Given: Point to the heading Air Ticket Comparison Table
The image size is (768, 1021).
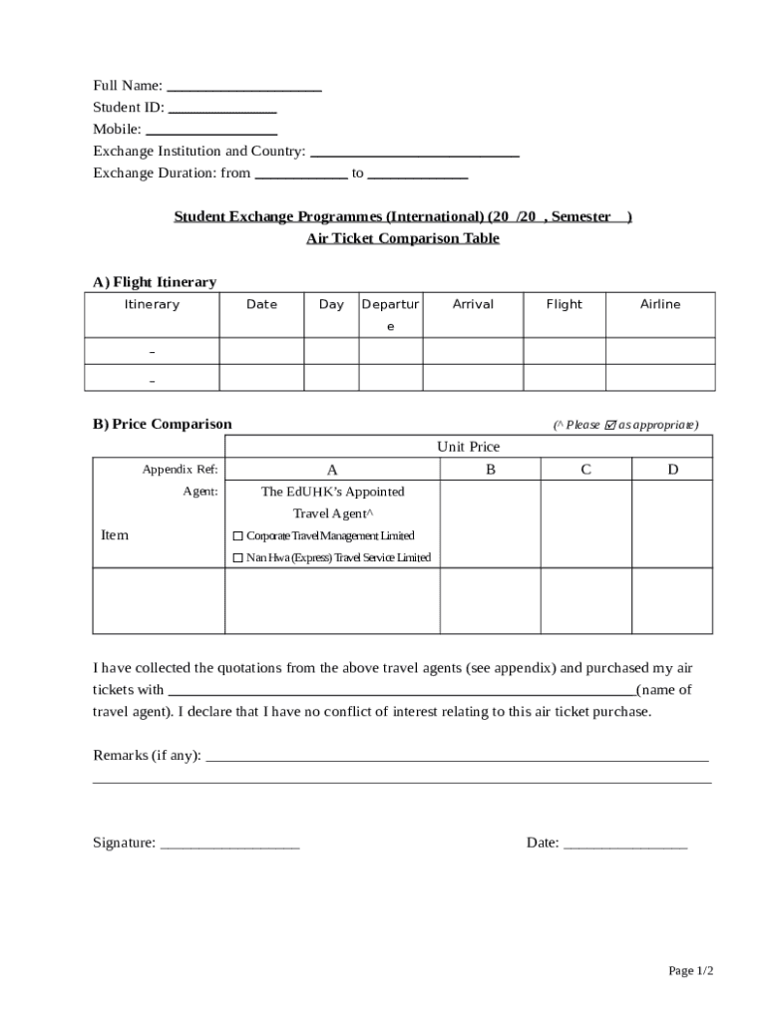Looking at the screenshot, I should (402, 239).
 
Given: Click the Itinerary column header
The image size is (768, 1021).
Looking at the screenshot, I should (152, 305).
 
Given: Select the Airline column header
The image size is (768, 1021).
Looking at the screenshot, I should (659, 305).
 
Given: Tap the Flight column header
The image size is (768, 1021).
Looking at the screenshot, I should (564, 305).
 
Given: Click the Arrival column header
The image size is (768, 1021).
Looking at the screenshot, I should (473, 305).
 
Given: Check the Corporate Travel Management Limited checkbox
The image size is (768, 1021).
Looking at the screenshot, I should (237, 536).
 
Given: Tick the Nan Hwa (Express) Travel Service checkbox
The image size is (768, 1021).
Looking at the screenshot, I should (237, 558).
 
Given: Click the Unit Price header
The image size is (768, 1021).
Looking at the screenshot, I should (468, 447).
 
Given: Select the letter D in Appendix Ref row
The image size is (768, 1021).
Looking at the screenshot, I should (672, 470).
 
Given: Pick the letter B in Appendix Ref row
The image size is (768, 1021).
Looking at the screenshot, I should (491, 470).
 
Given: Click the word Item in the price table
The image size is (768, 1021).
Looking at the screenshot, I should (115, 535).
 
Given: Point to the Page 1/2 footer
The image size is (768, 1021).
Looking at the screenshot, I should (690, 971).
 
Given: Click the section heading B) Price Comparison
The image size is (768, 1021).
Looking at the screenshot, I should (162, 425).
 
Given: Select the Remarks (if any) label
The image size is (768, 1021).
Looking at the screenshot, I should (147, 756).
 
